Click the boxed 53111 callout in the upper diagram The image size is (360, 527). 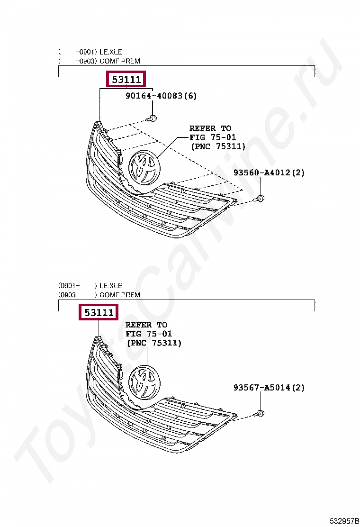coord(126,79)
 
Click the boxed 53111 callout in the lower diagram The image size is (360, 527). coord(99,312)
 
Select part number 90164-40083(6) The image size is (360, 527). coord(161,96)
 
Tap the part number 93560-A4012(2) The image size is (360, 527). coord(269,173)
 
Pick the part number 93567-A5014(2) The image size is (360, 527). coord(269,388)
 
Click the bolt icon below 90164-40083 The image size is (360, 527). coord(153,118)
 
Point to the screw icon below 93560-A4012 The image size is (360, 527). coord(260,198)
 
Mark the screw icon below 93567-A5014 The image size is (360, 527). coord(260,413)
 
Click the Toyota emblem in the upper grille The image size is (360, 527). coord(145,167)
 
